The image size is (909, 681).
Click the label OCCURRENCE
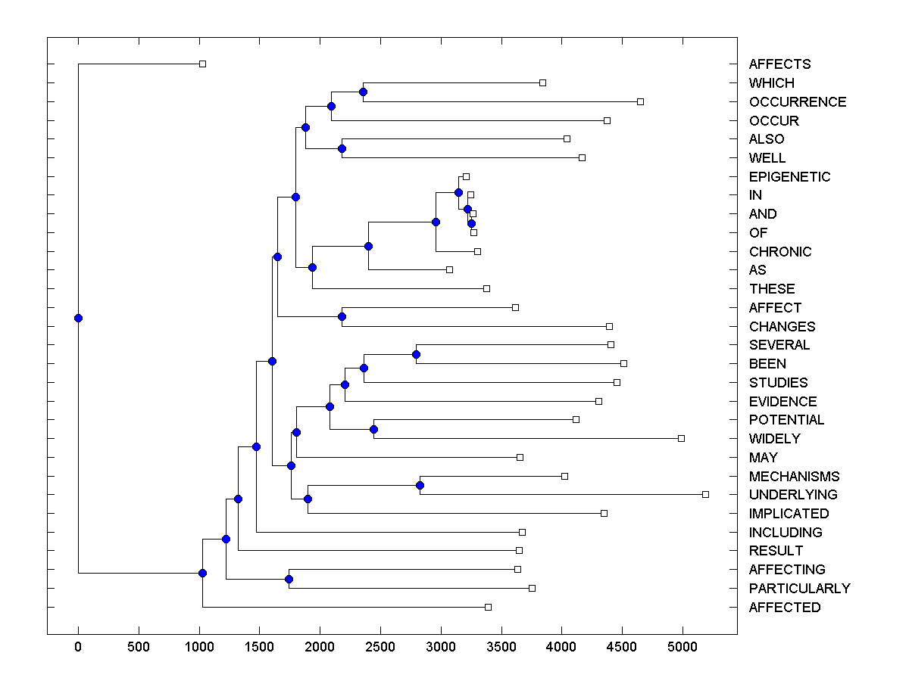pos(797,102)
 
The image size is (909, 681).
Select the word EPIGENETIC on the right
pos(789,177)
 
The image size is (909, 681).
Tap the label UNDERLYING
pos(792,495)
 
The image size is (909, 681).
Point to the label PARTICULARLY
pos(799,589)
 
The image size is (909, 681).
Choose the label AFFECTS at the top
pos(779,64)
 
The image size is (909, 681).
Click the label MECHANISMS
pos(794,477)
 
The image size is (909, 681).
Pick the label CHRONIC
pos(779,252)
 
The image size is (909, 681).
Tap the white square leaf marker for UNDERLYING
pos(705,494)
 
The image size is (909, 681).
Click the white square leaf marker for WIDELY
pos(681,438)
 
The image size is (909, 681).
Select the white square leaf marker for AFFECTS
pos(202,64)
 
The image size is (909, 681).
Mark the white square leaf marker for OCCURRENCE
pos(640,101)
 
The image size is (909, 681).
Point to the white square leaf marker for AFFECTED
pos(488,607)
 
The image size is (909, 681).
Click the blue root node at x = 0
pos(78,318)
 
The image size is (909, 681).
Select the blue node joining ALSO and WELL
pos(342,148)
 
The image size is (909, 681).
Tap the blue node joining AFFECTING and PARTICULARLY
pos(289,579)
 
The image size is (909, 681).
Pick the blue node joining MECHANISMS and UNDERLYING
pos(420,485)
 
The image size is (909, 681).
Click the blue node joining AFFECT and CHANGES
pos(342,316)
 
